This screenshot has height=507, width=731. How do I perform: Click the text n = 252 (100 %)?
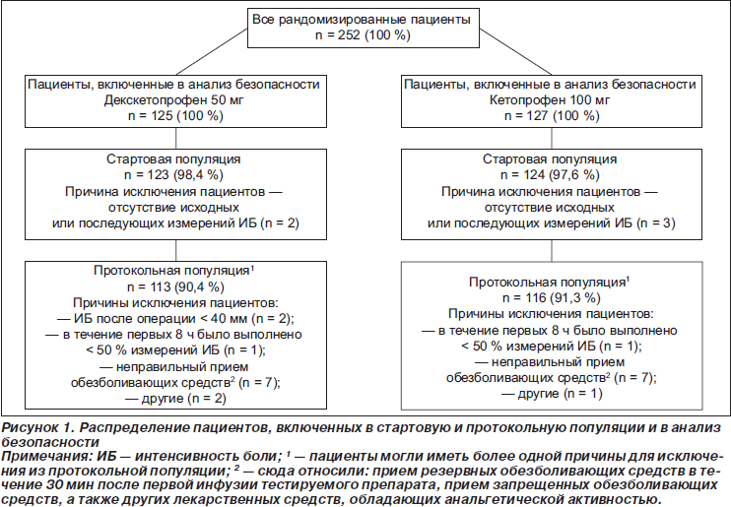coord(364,34)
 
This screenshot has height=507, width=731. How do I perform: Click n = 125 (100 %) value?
coord(177,116)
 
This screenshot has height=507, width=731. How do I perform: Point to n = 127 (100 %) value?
coord(551,116)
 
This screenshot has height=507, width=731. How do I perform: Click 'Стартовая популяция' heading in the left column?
coord(176,158)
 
